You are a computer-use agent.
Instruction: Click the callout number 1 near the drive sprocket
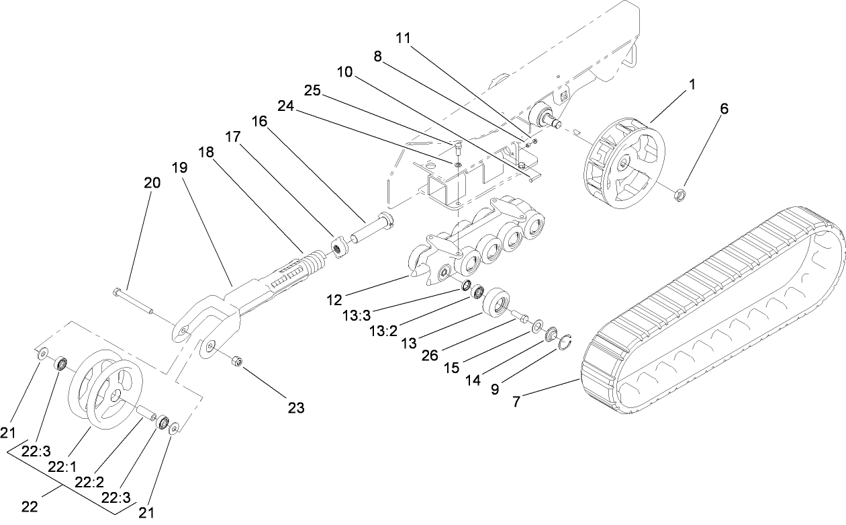point(692,85)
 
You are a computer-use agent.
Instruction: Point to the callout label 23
point(296,407)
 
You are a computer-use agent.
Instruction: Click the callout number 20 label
point(152,182)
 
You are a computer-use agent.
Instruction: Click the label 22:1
point(62,465)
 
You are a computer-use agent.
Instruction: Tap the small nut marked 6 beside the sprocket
point(679,196)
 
